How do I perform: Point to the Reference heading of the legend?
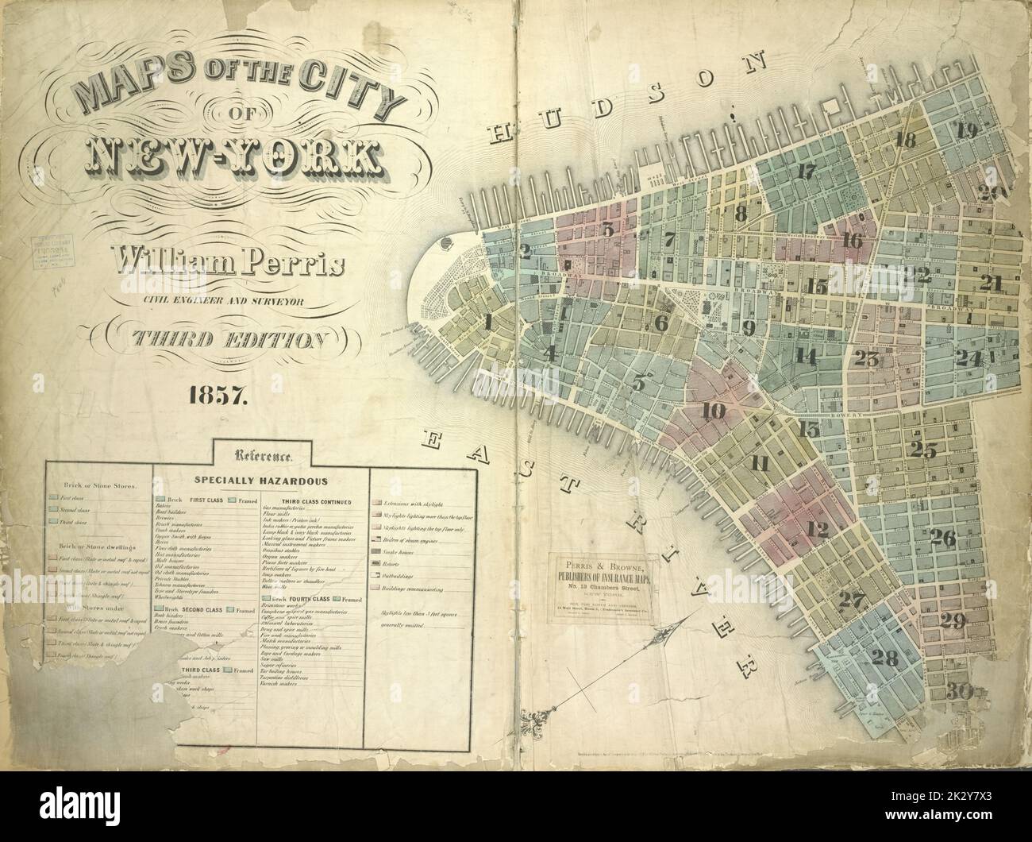point(263,456)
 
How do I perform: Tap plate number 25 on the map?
point(923,450)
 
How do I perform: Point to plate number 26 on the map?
point(942,538)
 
